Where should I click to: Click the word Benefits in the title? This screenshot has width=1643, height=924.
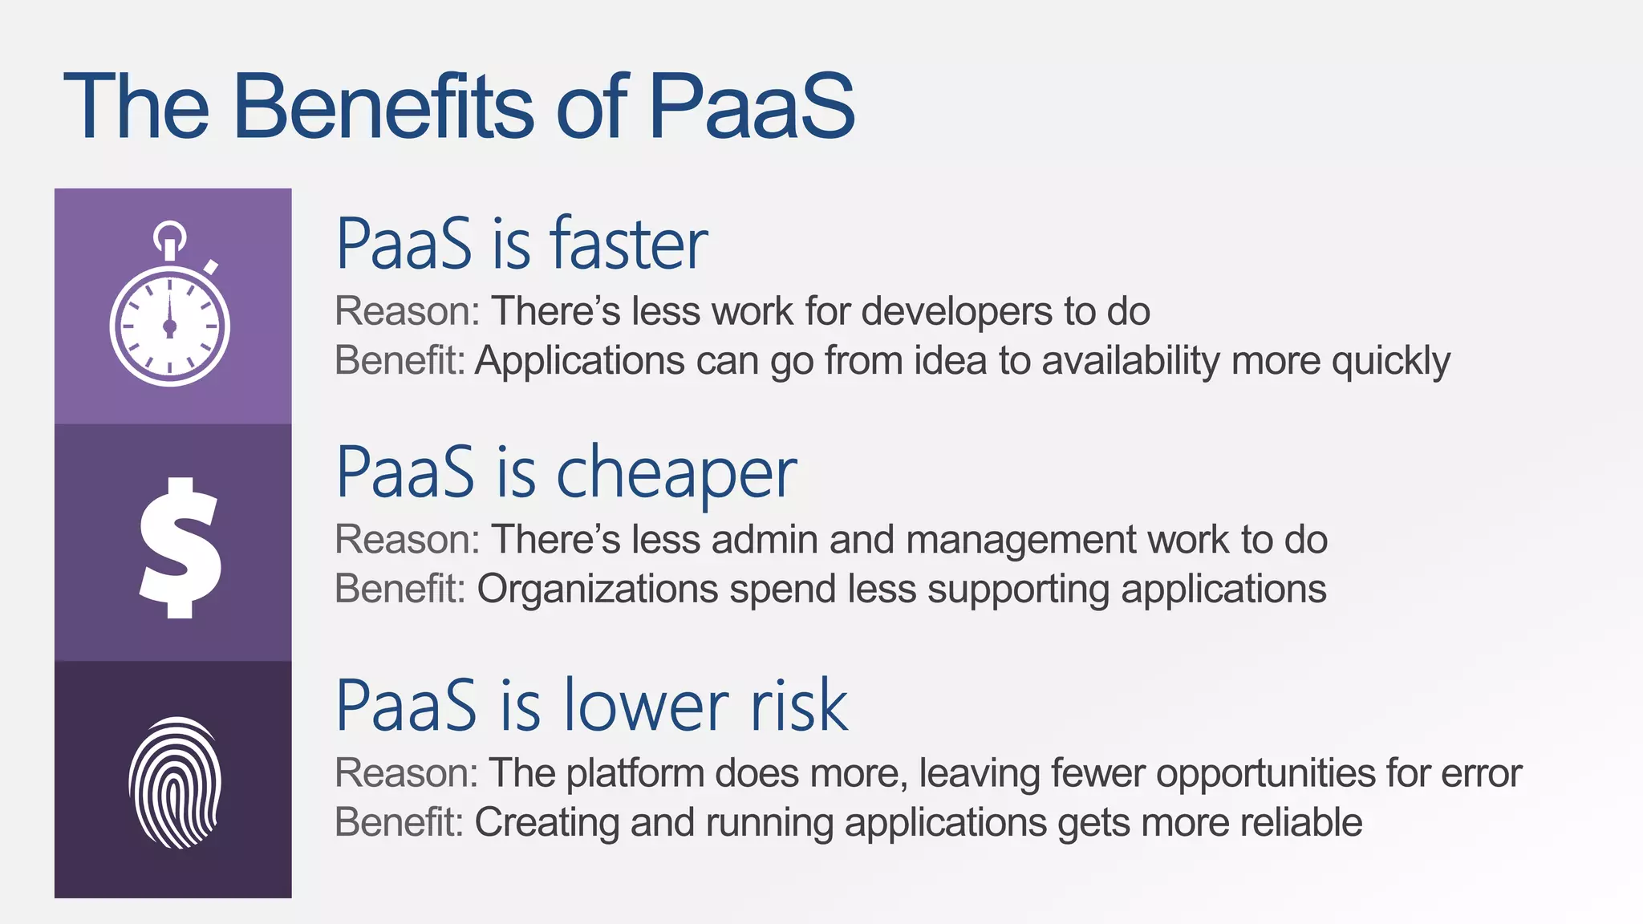pos(383,107)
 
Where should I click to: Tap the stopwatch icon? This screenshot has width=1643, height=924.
pos(169,313)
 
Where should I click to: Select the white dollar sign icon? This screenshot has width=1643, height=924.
pos(180,548)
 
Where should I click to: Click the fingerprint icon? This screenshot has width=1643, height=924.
pos(174,782)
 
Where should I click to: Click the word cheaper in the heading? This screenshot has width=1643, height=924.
pos(676,473)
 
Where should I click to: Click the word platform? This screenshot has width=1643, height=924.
pos(634,773)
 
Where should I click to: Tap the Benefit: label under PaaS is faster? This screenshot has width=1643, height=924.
pos(400,361)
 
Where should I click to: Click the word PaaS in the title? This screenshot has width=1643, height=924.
pos(752,107)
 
